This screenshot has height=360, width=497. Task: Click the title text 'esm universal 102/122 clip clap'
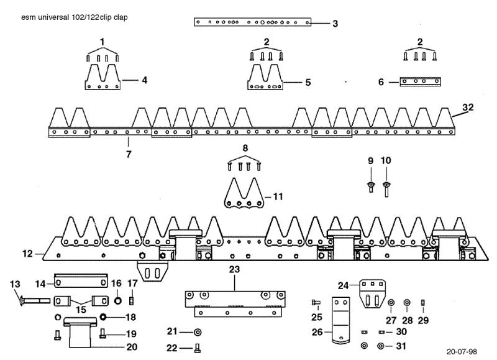click(x=75, y=17)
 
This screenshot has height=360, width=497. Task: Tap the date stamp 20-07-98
click(x=462, y=351)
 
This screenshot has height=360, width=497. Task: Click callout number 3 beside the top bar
click(x=335, y=24)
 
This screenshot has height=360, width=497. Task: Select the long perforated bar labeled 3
click(x=252, y=22)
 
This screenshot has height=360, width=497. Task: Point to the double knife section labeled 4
click(x=103, y=77)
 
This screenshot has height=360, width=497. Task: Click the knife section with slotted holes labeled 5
click(x=265, y=77)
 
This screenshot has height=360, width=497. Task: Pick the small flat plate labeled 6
click(x=421, y=81)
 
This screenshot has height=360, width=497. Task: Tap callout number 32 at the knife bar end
click(x=468, y=107)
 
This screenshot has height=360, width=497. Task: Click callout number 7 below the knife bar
click(x=129, y=154)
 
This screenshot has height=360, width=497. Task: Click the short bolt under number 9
click(x=371, y=187)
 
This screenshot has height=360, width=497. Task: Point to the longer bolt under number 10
click(x=386, y=190)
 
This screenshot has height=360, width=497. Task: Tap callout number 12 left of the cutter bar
click(x=27, y=254)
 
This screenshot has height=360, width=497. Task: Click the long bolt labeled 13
click(x=35, y=300)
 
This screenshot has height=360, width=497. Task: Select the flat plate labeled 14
click(x=81, y=280)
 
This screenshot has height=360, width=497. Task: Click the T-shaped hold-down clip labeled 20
click(x=80, y=331)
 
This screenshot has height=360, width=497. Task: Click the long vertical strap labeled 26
click(x=340, y=320)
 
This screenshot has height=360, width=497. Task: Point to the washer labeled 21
click(x=198, y=332)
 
